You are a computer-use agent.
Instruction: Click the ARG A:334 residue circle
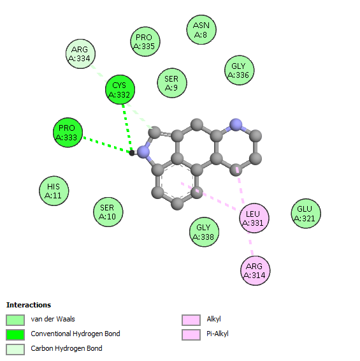pyautogui.click(x=80, y=54)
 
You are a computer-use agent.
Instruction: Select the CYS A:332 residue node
pyautogui.click(x=120, y=89)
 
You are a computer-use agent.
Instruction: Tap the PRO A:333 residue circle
pyautogui.click(x=68, y=133)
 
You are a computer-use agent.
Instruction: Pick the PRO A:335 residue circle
pyautogui.click(x=145, y=41)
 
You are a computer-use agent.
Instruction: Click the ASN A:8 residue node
pyautogui.click(x=201, y=30)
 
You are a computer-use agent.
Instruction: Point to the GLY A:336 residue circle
pyautogui.click(x=239, y=70)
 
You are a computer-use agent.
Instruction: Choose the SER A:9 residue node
pyautogui.click(x=172, y=83)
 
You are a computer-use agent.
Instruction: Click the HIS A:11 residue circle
pyautogui.click(x=54, y=191)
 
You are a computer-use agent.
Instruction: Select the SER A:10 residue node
pyautogui.click(x=108, y=212)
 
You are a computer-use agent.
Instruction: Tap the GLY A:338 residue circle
pyautogui.click(x=205, y=232)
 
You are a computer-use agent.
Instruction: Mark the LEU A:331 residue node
pyautogui.click(x=254, y=218)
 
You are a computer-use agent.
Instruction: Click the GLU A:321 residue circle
pyautogui.click(x=306, y=214)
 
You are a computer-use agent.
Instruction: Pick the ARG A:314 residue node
pyautogui.click(x=256, y=270)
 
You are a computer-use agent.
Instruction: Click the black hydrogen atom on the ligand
pyautogui.click(x=132, y=153)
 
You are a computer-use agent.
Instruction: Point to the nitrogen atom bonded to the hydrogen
pyautogui.click(x=143, y=152)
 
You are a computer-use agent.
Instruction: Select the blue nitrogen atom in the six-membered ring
pyautogui.click(x=236, y=125)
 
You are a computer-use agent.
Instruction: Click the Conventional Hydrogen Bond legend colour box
pyautogui.click(x=15, y=334)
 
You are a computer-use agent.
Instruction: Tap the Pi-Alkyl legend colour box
pyautogui.click(x=191, y=334)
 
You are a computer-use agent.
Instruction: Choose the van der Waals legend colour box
pyautogui.click(x=15, y=320)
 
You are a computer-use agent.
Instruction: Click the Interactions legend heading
pyautogui.click(x=29, y=305)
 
